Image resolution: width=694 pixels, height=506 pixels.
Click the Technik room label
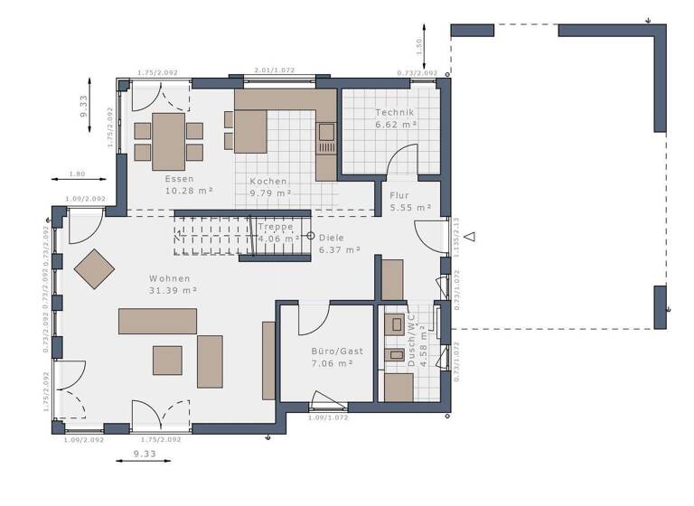[x=394, y=113]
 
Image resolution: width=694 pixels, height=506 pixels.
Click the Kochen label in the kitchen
[x=269, y=181]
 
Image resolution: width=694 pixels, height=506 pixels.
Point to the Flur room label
[x=399, y=194]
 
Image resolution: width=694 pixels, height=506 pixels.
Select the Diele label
[x=332, y=237]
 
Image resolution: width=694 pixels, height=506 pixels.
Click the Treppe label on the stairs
[x=275, y=227]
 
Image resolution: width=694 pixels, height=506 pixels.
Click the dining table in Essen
[x=169, y=140]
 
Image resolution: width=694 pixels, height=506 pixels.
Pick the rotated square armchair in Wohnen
[x=95, y=268]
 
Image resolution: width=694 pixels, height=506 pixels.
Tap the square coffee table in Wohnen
[x=167, y=360]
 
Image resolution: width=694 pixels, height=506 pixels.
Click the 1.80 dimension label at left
[x=78, y=173]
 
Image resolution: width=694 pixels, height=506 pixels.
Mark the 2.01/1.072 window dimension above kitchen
[x=274, y=70]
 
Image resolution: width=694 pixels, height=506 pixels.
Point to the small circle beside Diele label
[x=310, y=237]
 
